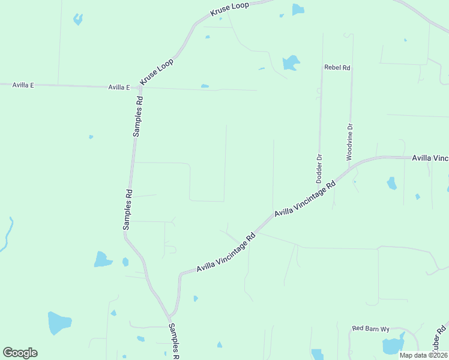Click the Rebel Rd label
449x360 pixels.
337,68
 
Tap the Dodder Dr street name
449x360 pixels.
319,169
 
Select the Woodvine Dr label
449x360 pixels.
349,142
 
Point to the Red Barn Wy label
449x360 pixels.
371,329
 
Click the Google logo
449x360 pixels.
20,353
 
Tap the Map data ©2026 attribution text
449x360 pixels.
423,355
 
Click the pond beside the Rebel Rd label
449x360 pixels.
291,62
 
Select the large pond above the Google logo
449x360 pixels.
59,323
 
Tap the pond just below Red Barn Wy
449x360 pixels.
393,346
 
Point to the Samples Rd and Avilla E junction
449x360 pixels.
140,88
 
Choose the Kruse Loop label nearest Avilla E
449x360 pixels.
157,71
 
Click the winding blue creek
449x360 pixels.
8,234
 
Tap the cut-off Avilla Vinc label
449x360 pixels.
430,158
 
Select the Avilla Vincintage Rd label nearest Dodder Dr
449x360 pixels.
304,197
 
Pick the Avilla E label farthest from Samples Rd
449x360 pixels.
23,85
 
